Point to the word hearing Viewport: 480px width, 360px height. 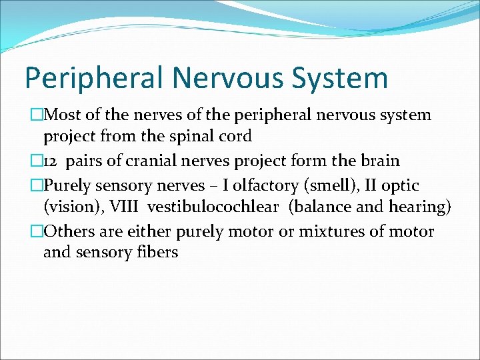pyautogui.click(x=421, y=207)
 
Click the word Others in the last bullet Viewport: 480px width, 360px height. pyautogui.click(x=68, y=231)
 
